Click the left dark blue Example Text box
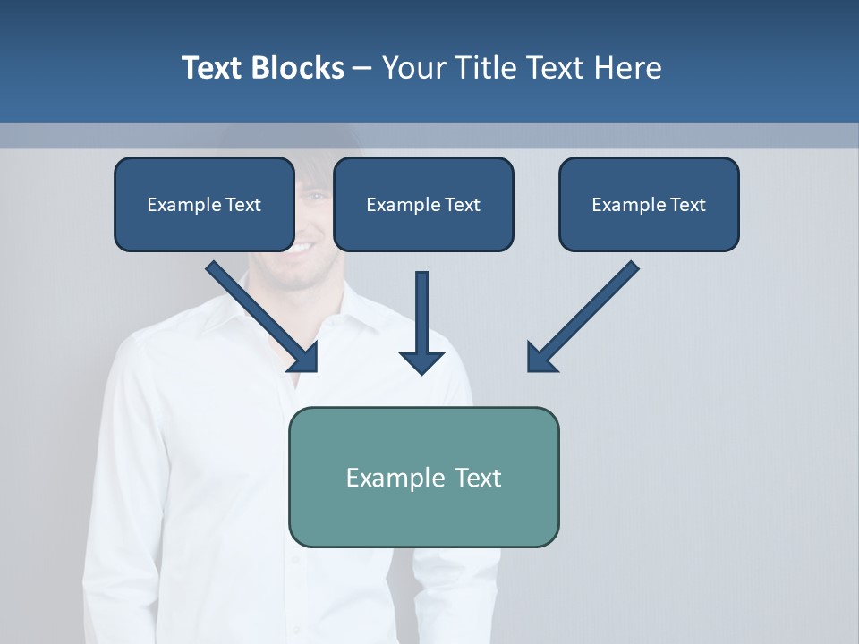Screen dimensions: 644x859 pyautogui.click(x=204, y=204)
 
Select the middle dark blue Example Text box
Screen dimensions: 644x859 pyautogui.click(x=423, y=204)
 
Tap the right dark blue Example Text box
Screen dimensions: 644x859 pyautogui.click(x=649, y=204)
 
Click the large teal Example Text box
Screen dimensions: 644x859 pyautogui.click(x=423, y=477)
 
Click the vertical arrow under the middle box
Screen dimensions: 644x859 pyautogui.click(x=421, y=313)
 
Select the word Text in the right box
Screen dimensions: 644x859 pyautogui.click(x=686, y=205)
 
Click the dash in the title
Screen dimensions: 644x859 pyautogui.click(x=362, y=68)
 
